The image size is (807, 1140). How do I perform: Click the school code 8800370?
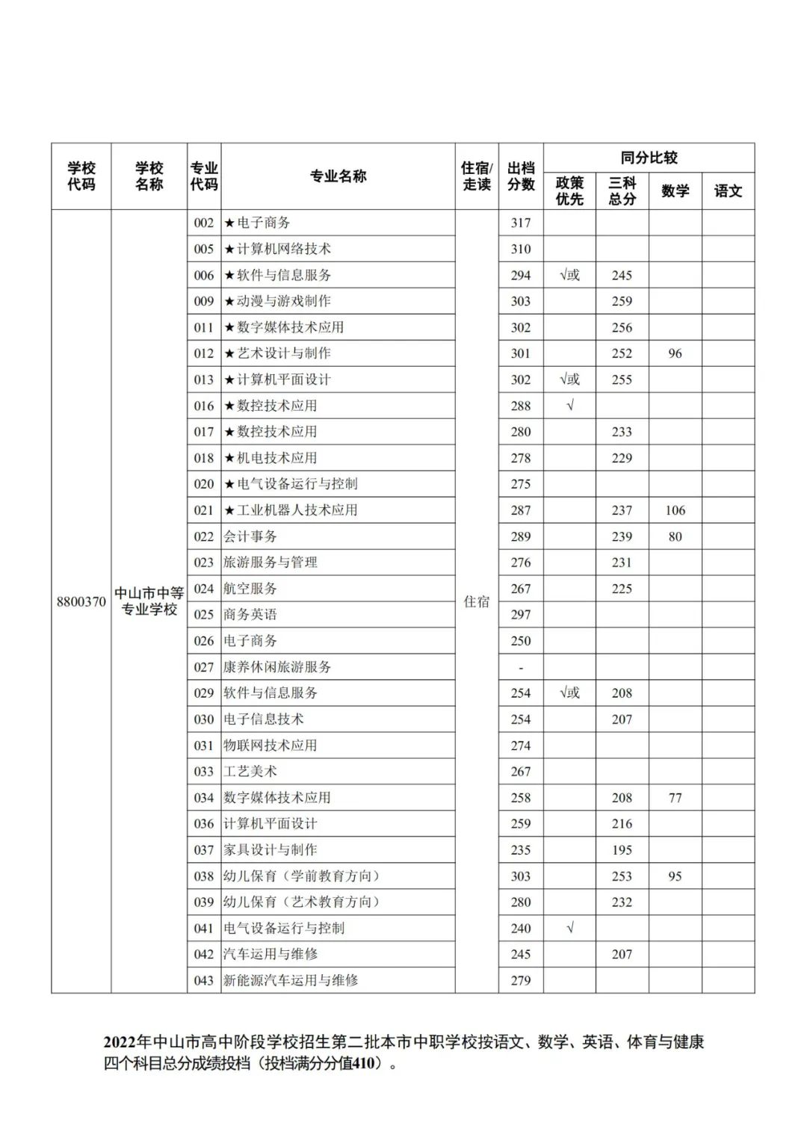click(x=81, y=601)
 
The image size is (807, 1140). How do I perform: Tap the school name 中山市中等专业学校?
click(x=149, y=601)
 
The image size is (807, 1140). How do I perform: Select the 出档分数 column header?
click(x=521, y=176)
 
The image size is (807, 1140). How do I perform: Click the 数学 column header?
click(x=675, y=191)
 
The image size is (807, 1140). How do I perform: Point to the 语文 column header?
click(x=728, y=191)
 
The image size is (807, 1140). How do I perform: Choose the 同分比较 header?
click(x=649, y=158)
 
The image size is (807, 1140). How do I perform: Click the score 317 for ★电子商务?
click(x=521, y=223)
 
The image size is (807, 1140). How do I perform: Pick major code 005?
click(x=204, y=249)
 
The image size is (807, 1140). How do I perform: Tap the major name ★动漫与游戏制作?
click(x=277, y=301)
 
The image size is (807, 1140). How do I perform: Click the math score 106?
click(x=675, y=510)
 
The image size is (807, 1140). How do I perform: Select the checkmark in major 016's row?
click(x=569, y=406)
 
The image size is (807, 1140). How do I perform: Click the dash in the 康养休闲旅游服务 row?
click(x=521, y=668)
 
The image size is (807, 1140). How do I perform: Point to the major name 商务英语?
click(x=250, y=615)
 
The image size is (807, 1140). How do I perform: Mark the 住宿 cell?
click(x=477, y=601)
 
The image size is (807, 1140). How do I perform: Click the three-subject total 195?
click(x=622, y=850)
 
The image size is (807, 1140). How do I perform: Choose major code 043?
click(x=204, y=980)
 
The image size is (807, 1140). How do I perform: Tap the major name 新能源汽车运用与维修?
click(x=291, y=980)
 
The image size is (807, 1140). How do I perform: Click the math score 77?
click(x=675, y=798)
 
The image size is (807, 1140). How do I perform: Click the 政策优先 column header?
click(x=569, y=191)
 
